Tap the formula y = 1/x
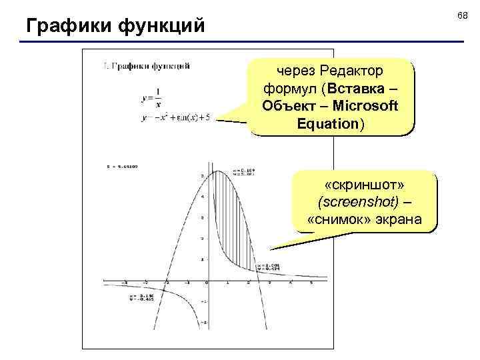(x=151, y=97)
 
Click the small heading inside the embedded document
(x=147, y=66)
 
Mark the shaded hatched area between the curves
(x=233, y=220)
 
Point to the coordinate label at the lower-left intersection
(x=136, y=296)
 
